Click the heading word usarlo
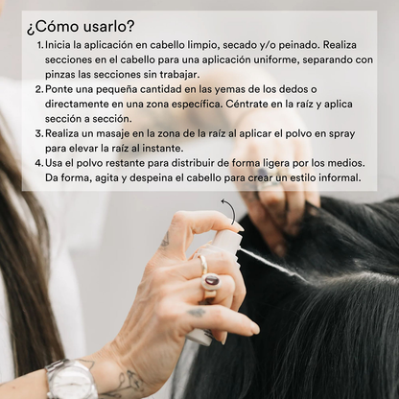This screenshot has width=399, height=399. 107,27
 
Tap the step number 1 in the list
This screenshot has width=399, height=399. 39,45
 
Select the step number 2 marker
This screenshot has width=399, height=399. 39,89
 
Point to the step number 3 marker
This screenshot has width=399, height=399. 39,133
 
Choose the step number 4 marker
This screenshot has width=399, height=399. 39,163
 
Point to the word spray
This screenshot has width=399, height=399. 342,134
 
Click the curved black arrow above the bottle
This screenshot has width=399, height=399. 232,209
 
